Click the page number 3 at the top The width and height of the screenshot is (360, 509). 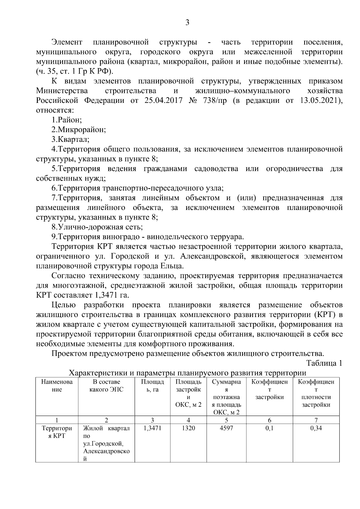point(187,23)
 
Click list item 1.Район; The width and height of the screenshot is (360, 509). point(67,120)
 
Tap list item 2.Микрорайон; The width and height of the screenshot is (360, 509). point(79,130)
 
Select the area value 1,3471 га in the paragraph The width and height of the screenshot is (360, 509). point(112,295)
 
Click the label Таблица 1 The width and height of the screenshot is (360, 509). point(324,363)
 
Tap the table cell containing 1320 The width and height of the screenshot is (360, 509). point(188,428)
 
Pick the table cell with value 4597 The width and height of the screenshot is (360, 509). point(226,428)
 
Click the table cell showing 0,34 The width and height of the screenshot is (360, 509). point(316,428)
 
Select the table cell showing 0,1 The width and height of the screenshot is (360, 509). point(269,428)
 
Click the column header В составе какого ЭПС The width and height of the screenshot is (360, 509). point(106,386)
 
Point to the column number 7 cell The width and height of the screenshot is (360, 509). point(316,420)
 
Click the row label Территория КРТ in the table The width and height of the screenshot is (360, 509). point(57,432)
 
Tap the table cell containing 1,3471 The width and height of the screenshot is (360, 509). point(152,428)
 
